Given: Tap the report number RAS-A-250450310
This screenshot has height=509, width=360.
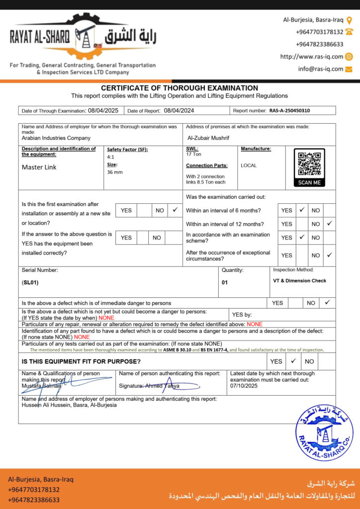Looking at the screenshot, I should point(292,111).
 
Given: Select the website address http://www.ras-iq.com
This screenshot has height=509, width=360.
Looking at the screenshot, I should point(312,57).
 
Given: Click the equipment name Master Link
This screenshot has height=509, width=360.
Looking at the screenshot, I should point(39,167).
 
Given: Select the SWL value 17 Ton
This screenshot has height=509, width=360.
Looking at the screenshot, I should point(194,154).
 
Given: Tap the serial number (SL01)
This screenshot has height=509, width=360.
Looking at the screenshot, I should point(30,282).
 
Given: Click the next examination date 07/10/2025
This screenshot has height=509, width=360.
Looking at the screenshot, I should point(244,386).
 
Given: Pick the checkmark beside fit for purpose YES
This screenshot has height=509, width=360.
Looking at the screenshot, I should point(293,361).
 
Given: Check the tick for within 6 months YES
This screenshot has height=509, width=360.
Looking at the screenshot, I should point(302,210).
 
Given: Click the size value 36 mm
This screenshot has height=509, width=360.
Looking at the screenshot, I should point(115,172).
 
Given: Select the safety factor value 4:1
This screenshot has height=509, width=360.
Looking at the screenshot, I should point(111,157).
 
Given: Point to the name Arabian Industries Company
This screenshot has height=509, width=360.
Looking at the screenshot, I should point(56,138).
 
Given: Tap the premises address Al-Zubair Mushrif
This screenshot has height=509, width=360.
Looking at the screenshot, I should point(208,138).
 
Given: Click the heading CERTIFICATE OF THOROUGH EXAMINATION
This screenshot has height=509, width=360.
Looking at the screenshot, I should point(180,88).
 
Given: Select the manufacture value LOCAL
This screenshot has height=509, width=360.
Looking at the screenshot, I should point(249,166).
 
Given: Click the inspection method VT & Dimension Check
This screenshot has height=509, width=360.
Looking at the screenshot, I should point(300,281).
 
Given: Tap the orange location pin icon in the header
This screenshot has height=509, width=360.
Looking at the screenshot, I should point(349,20).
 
